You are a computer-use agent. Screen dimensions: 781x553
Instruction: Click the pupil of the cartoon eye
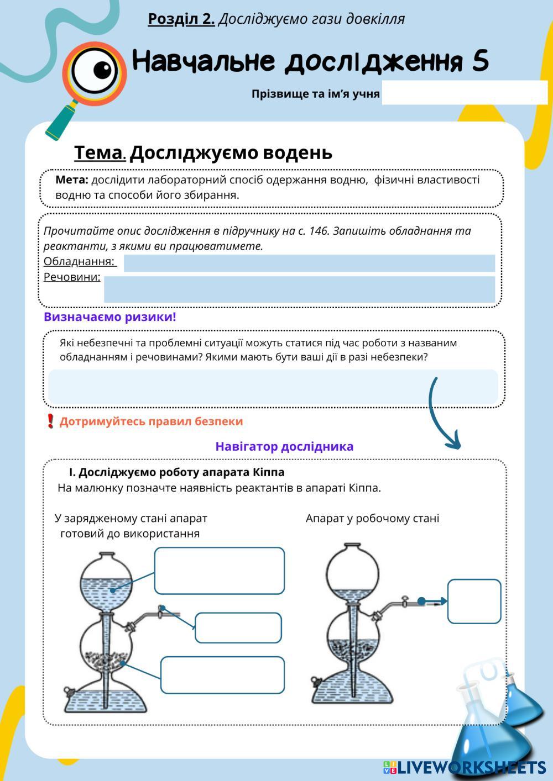tap(102, 70)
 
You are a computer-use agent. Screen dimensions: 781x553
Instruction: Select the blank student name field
tap(464, 93)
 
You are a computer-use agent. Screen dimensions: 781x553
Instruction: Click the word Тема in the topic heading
tap(100, 152)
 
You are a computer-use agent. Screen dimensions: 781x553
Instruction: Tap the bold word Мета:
tap(72, 180)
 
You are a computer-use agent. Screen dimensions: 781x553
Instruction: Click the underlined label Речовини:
tap(72, 277)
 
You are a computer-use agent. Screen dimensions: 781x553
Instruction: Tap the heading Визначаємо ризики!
tap(110, 317)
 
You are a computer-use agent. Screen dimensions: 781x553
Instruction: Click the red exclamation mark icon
tap(50, 421)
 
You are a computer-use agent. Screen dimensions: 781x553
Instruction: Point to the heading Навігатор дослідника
tap(284, 446)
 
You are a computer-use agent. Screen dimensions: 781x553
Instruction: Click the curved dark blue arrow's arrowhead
tap(453, 442)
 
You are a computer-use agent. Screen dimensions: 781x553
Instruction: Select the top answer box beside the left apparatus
tap(219, 571)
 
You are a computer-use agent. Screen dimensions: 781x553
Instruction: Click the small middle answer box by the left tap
tap(238, 627)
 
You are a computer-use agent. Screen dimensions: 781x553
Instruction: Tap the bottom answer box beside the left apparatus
tap(222, 675)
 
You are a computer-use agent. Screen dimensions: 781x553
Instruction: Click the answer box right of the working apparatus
tap(474, 601)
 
